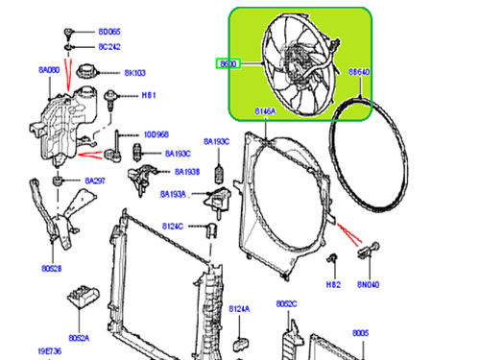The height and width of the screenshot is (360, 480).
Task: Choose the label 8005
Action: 360,332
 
